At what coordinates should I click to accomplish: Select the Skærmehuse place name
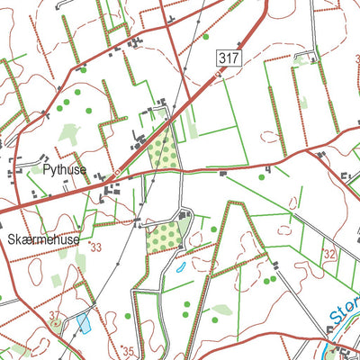[42, 240]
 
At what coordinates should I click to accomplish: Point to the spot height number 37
[55, 315]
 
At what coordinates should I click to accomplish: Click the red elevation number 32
[329, 255]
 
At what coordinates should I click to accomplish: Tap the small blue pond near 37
[84, 323]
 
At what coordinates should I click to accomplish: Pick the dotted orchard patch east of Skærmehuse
[163, 236]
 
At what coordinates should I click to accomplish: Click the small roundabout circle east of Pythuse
[118, 173]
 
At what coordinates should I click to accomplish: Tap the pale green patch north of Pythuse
[70, 135]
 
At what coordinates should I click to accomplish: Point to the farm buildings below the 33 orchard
[184, 217]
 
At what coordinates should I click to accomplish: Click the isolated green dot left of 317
[205, 37]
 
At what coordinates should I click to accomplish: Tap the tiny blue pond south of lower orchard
[181, 267]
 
